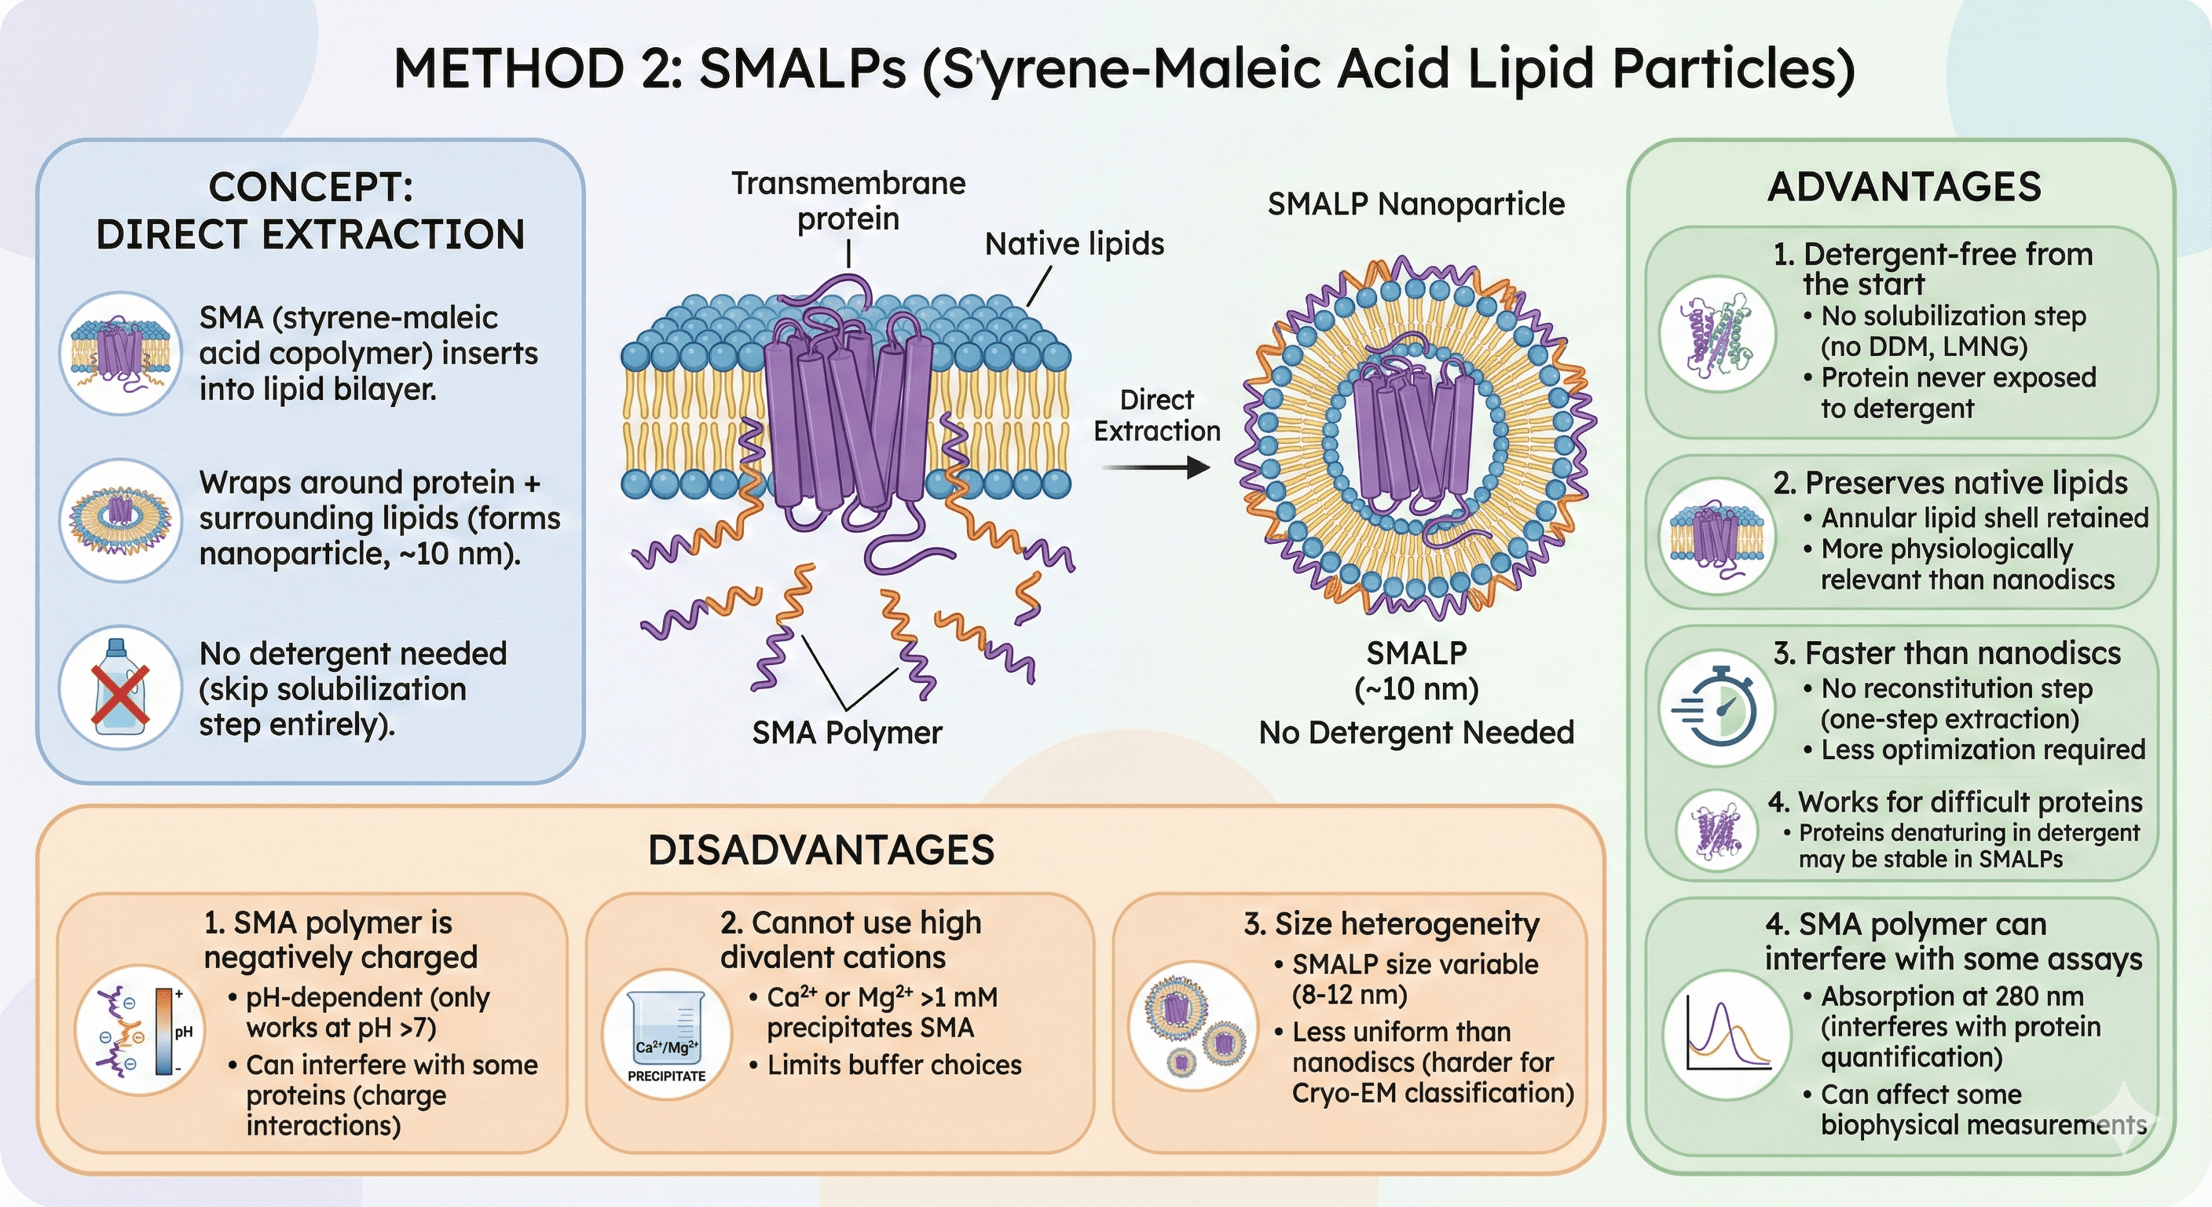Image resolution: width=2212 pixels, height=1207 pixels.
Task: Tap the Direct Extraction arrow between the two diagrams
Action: click(1155, 468)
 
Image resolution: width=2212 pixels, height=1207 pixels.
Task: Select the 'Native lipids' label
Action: click(1075, 244)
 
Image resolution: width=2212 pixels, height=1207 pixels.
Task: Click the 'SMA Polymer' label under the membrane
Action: click(847, 733)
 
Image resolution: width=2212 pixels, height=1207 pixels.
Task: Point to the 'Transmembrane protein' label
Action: click(848, 201)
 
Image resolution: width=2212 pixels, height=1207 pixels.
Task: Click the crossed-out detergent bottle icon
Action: click(120, 688)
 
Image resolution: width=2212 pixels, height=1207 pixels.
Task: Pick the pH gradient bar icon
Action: click(164, 1032)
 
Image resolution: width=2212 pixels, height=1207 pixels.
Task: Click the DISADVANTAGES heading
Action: click(821, 850)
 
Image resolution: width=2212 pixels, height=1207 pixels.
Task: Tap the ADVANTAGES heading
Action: click(1904, 187)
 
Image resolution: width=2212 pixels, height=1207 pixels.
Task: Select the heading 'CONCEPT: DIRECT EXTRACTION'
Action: click(310, 211)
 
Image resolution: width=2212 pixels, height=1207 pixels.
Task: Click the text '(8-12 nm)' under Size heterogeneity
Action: click(1349, 995)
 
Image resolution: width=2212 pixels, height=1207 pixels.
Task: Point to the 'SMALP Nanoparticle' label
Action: click(1416, 204)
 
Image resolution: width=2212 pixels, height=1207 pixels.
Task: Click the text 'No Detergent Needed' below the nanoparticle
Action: click(1416, 733)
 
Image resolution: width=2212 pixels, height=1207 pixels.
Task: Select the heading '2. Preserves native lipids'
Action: click(1950, 482)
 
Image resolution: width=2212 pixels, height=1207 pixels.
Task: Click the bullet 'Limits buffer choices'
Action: click(894, 1066)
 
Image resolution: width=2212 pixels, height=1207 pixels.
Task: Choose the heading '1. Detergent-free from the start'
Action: click(1932, 268)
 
